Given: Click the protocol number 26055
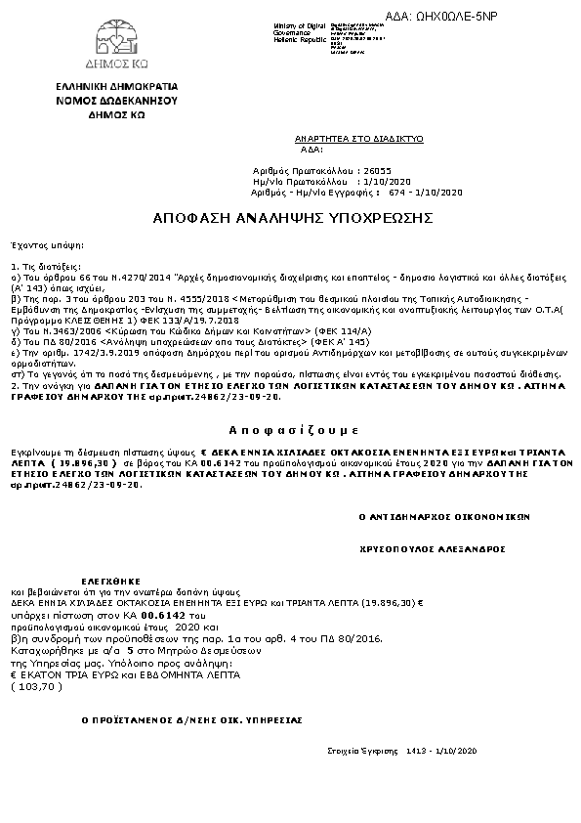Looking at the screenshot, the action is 376,170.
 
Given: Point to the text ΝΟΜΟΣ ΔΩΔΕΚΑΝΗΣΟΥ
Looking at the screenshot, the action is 116,100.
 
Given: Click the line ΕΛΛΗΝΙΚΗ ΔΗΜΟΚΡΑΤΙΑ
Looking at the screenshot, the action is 116,87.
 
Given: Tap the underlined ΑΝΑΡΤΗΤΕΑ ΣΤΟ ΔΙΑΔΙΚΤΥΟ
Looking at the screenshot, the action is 359,140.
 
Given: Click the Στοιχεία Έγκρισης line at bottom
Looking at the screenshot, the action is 402,750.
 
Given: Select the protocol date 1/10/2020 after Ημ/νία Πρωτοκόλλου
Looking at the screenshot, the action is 387,182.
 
